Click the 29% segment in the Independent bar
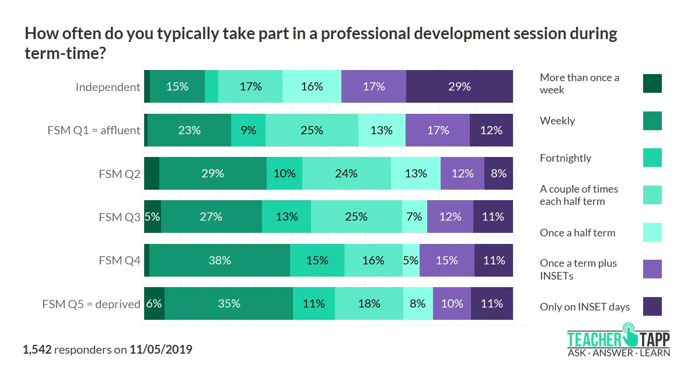tap(459, 86)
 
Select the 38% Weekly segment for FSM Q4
tap(219, 260)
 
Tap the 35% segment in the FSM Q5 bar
tap(229, 303)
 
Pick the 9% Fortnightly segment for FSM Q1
tap(248, 130)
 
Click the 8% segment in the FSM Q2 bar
tap(498, 173)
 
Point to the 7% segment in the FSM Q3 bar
tap(414, 217)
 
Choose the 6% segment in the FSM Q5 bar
tap(154, 303)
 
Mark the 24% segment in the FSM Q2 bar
tap(346, 173)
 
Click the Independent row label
tap(108, 87)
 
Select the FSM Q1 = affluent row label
tap(94, 130)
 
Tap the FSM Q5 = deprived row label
tap(91, 304)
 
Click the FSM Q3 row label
tap(120, 217)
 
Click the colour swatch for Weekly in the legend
tap(652, 121)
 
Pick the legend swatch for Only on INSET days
tap(652, 306)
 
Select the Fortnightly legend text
tap(566, 158)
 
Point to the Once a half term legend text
tap(577, 232)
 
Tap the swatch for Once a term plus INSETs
tap(652, 269)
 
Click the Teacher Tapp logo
tap(618, 343)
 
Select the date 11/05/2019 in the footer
tap(161, 350)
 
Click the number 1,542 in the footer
tap(37, 350)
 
